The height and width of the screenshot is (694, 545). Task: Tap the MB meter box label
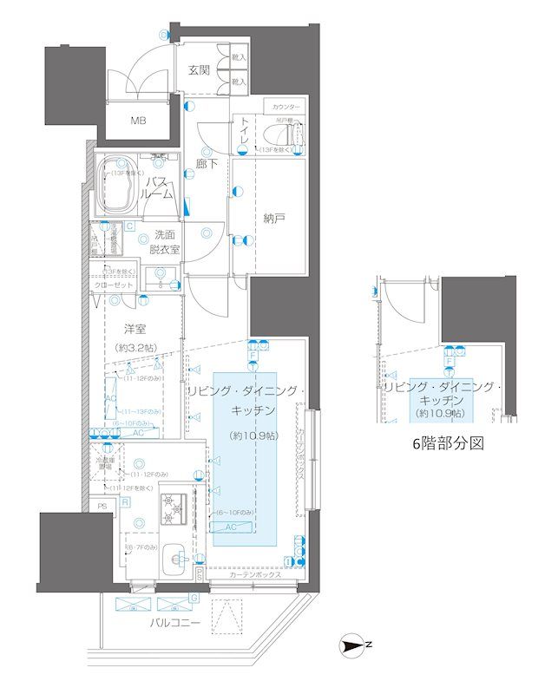click(139, 120)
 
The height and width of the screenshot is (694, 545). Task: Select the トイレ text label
click(246, 132)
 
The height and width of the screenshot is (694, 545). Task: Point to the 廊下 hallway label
click(206, 162)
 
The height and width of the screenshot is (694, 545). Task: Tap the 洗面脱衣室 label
click(167, 241)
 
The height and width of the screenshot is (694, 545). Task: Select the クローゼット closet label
click(114, 285)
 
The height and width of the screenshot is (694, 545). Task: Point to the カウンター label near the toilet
click(286, 107)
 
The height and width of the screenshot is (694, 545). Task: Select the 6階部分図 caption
click(447, 442)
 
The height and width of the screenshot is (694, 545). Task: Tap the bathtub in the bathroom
click(116, 187)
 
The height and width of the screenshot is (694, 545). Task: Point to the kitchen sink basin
click(173, 556)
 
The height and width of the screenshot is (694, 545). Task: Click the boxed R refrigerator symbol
click(126, 502)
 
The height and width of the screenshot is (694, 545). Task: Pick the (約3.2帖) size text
click(134, 347)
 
